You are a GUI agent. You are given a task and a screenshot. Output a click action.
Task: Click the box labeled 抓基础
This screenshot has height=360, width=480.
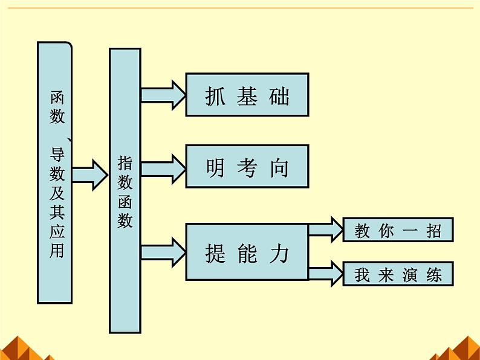(247, 94)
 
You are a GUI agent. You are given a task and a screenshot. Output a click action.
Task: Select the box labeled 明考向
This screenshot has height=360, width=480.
(247, 166)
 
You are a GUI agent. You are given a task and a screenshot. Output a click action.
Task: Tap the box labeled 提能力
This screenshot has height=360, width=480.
(247, 252)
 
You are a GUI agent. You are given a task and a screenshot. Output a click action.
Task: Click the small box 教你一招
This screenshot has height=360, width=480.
(398, 230)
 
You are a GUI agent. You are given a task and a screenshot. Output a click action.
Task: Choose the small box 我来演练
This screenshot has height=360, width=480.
(398, 274)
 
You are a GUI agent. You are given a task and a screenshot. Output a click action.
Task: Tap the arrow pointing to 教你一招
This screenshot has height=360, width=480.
(326, 230)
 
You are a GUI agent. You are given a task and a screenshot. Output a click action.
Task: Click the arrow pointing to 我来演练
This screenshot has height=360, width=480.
(326, 273)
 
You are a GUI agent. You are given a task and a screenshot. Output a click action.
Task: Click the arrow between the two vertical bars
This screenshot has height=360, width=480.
(89, 175)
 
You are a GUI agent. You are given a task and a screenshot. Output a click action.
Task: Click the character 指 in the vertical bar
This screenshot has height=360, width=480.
(125, 163)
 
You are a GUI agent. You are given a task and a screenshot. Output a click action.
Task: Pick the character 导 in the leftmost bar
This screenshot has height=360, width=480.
(56, 156)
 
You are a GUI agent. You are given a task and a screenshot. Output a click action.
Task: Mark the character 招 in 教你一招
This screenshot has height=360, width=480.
(433, 231)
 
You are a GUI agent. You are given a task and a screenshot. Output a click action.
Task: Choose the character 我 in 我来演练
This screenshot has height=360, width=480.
(362, 275)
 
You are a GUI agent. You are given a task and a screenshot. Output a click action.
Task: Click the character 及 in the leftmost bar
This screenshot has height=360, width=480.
(56, 194)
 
